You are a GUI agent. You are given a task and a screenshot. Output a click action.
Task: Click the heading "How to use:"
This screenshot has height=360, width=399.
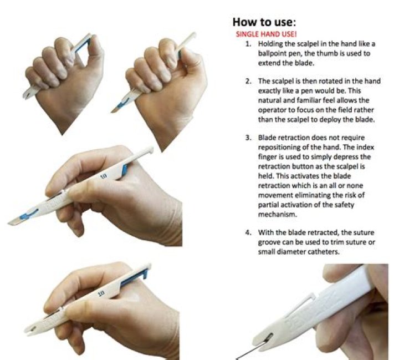[x=264, y=22]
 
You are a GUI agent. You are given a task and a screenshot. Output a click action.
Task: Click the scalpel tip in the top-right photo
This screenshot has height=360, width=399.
[x=115, y=111]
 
